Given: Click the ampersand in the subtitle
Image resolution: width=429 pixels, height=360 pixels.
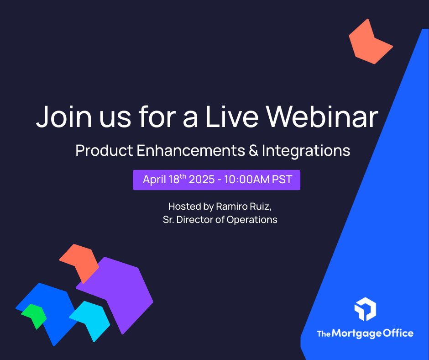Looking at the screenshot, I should [x=254, y=151].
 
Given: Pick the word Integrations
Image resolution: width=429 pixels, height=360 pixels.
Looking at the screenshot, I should [x=306, y=151].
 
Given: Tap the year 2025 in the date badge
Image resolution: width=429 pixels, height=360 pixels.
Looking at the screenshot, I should [x=201, y=180].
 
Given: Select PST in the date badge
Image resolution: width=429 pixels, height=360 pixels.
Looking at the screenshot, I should [x=282, y=180].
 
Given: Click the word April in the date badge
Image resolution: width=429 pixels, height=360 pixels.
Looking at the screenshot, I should [x=154, y=180].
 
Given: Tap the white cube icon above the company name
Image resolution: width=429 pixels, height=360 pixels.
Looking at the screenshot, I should [x=365, y=309].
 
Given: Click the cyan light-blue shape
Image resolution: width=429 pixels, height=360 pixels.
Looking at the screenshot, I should [x=91, y=318].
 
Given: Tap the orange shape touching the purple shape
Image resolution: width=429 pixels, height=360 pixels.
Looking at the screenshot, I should [x=81, y=260].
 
